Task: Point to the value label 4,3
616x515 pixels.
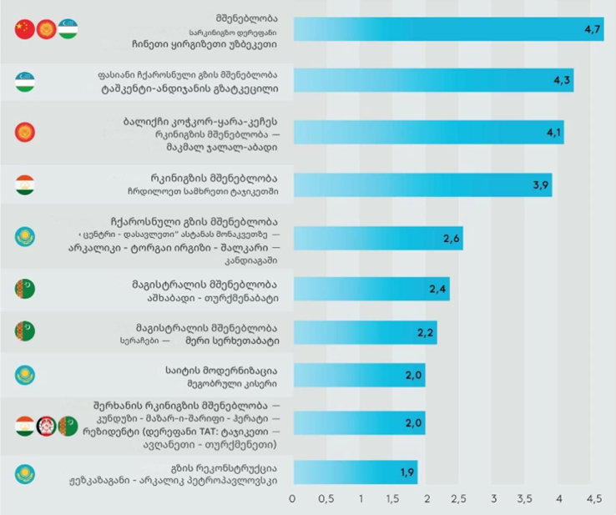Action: (x=561, y=80)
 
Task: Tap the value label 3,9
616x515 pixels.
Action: (x=539, y=184)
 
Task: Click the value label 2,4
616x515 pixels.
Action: (x=437, y=290)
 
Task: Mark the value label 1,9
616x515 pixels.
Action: (x=406, y=472)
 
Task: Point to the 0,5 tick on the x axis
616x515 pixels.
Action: (x=326, y=499)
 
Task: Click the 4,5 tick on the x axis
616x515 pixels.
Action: (x=593, y=499)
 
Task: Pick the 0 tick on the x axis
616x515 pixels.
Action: (x=292, y=499)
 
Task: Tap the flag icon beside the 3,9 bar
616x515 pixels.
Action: (x=24, y=184)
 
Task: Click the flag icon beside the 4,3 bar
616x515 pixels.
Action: (x=24, y=81)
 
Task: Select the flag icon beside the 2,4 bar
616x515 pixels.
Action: (x=24, y=290)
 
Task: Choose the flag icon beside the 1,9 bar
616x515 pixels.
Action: (x=24, y=474)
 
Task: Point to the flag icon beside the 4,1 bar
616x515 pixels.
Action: (x=24, y=132)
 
